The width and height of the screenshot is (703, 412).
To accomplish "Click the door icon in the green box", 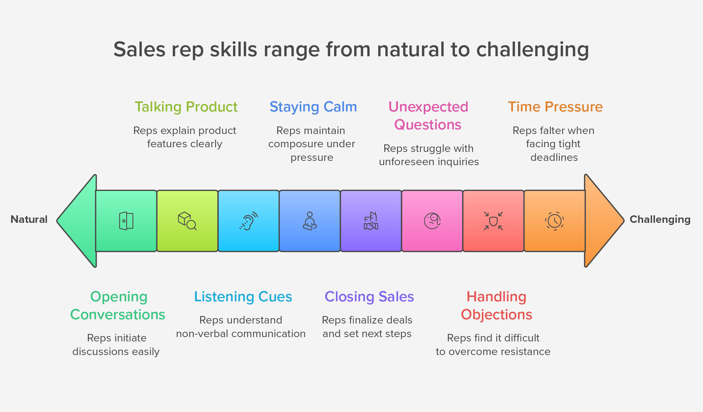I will (126, 221).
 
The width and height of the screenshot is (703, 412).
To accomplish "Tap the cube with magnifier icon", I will (187, 221).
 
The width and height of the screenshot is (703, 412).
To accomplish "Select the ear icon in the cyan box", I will (248, 221).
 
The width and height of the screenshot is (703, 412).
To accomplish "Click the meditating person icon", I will (310, 221).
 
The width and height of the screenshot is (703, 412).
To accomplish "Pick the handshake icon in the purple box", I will (371, 221).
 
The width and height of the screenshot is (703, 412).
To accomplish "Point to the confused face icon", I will (432, 221).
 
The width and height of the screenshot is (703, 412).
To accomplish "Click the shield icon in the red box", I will (493, 221).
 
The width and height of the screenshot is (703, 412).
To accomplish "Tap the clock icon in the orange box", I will (555, 221).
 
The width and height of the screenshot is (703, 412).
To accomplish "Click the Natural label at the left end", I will (29, 219).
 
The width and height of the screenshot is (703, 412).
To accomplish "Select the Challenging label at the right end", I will (660, 219).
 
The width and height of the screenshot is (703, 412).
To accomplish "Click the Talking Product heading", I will (186, 107).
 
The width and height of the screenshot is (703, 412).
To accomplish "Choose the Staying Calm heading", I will (313, 107).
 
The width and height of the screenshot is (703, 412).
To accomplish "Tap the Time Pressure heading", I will (555, 107).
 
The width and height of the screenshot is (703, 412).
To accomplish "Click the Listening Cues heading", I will (243, 297).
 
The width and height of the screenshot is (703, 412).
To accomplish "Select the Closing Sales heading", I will (369, 297).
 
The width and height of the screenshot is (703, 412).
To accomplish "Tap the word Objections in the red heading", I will (496, 315).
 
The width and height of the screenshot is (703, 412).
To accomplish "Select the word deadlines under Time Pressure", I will (554, 157).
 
